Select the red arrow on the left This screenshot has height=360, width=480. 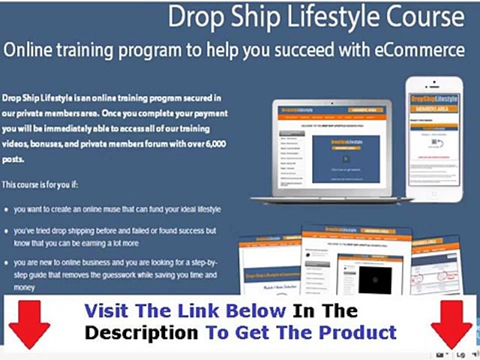tap(29, 324)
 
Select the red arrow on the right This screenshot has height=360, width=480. tap(451, 324)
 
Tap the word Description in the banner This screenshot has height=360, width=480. tap(141, 332)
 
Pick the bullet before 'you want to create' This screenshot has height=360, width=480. tap(5, 210)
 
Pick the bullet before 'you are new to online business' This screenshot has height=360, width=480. tap(5, 262)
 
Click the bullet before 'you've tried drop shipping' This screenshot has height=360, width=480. tap(5, 231)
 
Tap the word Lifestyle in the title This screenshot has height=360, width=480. tap(319, 17)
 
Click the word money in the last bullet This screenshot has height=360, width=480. tap(24, 288)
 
